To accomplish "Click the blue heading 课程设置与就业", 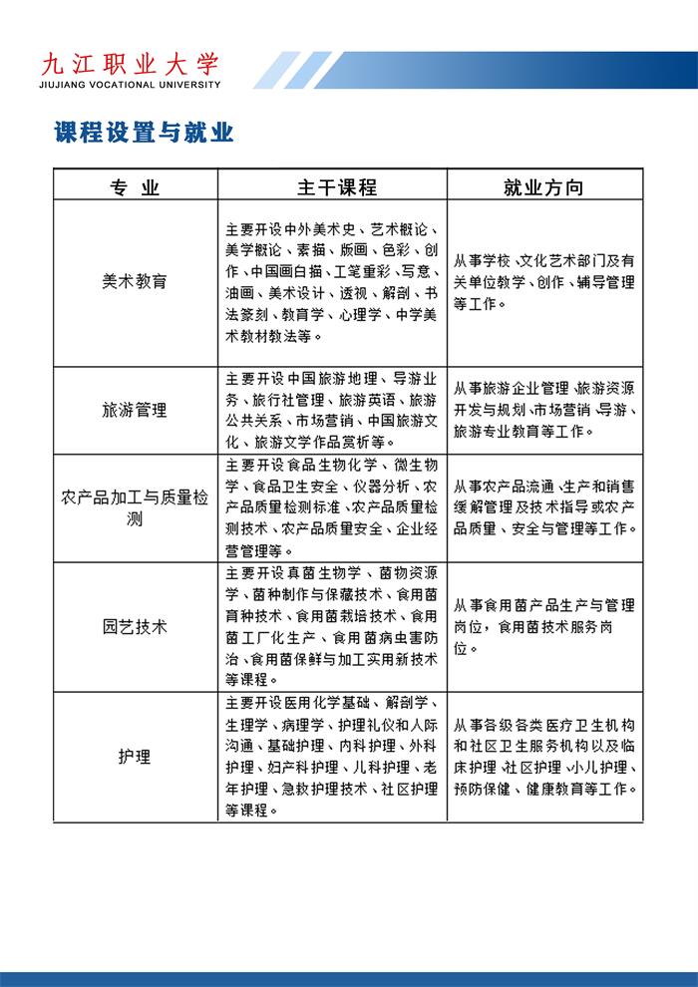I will coord(144,134).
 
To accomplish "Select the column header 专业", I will coord(135,187).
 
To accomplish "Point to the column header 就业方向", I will coord(543,187).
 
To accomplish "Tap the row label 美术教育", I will coord(135,281).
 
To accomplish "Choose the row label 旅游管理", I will coord(135,410).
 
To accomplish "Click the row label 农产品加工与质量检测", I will coord(135,507).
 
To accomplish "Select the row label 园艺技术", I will coord(135,627).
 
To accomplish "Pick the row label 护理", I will coord(135,757).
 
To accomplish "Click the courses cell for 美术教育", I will coord(332,282).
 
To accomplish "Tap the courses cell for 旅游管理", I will coord(332,410).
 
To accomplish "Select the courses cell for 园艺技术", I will coord(332,627).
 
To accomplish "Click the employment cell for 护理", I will coord(544,757).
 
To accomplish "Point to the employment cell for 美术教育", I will coord(544,282).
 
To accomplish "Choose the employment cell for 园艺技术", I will coord(544,627).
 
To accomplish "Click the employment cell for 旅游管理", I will coord(544,410).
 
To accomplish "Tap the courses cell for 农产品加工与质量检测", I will coord(332,507).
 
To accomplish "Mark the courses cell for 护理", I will coord(332,757).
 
